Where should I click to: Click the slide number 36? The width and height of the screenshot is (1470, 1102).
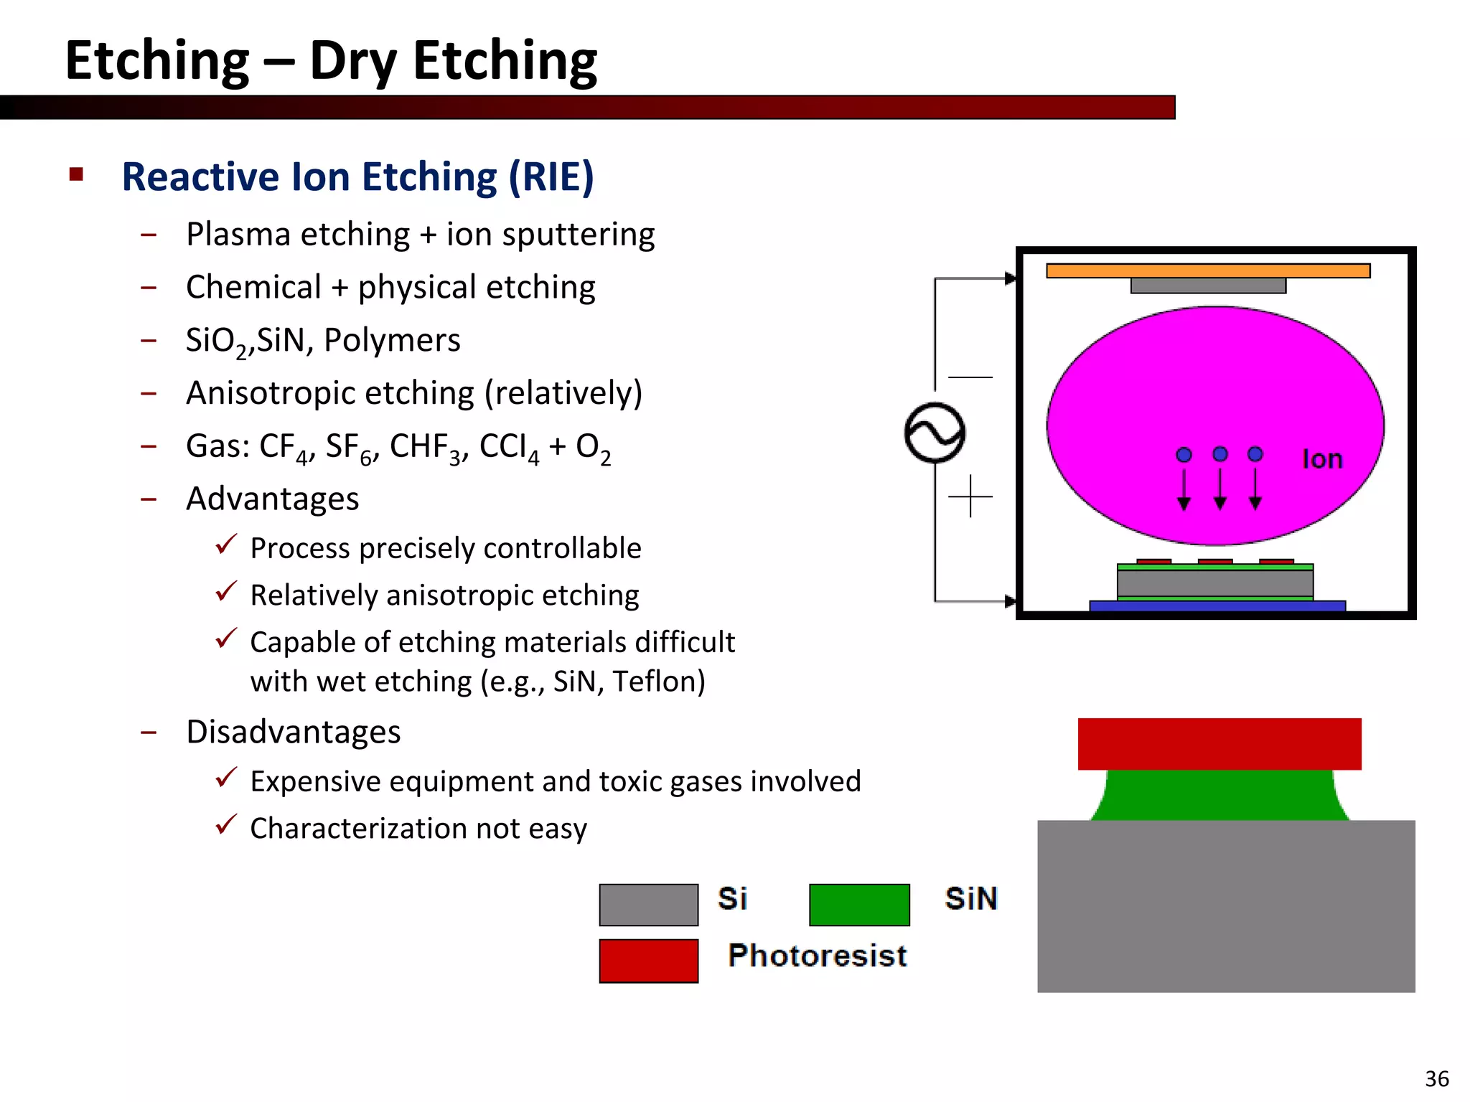(x=1436, y=1078)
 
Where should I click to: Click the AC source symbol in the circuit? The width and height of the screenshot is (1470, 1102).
(x=935, y=433)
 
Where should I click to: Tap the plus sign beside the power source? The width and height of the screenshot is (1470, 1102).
(x=970, y=496)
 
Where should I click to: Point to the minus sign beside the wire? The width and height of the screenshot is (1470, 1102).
(x=970, y=377)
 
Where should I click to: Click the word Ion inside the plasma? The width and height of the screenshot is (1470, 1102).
(x=1321, y=459)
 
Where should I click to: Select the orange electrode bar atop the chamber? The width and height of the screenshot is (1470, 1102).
(x=1207, y=270)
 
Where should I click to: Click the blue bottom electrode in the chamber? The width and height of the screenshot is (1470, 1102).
(x=1217, y=606)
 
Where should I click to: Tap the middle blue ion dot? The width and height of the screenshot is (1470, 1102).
(x=1219, y=454)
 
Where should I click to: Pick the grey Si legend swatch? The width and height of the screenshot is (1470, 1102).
(x=648, y=905)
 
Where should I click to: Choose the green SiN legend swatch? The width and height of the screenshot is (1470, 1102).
(x=858, y=905)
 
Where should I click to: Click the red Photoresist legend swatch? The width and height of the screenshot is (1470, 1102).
(x=648, y=961)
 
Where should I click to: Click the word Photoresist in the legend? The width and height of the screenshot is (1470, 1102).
(x=817, y=956)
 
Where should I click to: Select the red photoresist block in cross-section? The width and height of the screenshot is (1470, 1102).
(x=1219, y=744)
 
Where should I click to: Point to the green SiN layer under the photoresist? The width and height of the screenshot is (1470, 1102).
(x=1219, y=795)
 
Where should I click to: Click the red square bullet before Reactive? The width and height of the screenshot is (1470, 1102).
(x=77, y=174)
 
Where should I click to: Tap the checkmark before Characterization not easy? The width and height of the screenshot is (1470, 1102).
(x=226, y=824)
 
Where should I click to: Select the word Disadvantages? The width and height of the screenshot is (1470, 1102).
(x=293, y=732)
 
